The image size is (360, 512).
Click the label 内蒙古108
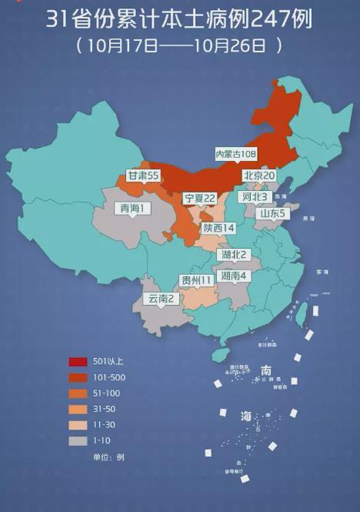point(235,154)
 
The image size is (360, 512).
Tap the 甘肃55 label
point(143,176)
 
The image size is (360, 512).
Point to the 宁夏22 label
point(199,198)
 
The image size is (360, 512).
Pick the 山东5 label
point(272,213)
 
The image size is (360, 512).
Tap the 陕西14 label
point(218,228)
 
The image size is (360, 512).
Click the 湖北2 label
point(233,254)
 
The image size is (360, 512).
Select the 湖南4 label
point(233,275)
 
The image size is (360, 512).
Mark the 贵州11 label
point(196,279)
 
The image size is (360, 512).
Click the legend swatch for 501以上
point(78,362)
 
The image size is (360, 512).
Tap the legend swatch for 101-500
point(78,377)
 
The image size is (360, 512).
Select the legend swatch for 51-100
point(78,393)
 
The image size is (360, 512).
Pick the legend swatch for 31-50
point(78,409)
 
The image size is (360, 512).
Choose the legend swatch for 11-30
point(78,425)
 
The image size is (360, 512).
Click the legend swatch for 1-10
point(78,440)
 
